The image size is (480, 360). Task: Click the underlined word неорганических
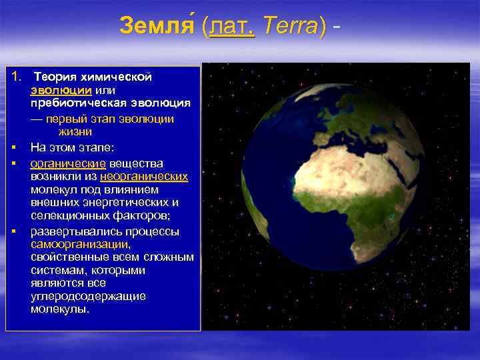pyautogui.click(x=144, y=177)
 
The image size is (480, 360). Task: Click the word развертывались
pyautogui.click(x=72, y=231)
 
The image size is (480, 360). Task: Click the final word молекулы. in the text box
pyautogui.click(x=59, y=309)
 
